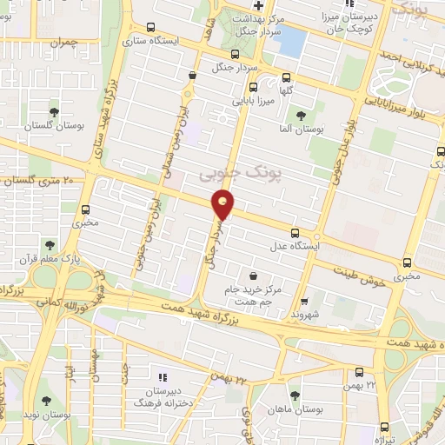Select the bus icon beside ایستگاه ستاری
click(x=152, y=27)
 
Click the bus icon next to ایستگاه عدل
click(x=295, y=232)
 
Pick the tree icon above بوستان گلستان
click(x=54, y=111)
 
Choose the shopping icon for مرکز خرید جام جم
click(x=253, y=275)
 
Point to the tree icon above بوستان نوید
click(x=46, y=401)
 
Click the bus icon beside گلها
click(x=253, y=87)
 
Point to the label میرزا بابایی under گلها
click(x=252, y=100)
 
